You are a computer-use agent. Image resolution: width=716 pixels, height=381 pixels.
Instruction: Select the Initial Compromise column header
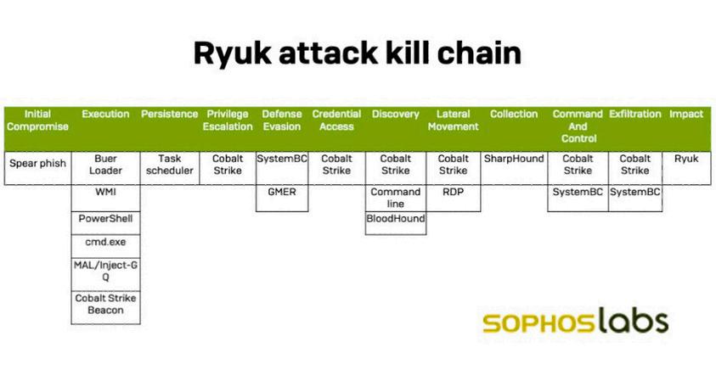[x=37, y=120]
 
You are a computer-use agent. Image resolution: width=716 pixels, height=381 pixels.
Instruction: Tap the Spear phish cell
[x=37, y=159]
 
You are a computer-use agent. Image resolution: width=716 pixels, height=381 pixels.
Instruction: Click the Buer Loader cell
[x=105, y=165]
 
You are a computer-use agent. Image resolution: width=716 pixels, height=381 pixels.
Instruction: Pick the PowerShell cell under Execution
[x=105, y=219]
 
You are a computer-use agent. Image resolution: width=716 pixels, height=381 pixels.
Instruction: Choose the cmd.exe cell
[x=105, y=242]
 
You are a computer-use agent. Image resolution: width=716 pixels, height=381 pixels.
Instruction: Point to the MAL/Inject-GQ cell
[x=105, y=272]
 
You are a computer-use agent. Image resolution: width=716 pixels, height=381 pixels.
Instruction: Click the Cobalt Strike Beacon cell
[x=105, y=304]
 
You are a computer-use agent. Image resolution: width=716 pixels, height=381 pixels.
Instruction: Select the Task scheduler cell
[x=170, y=165]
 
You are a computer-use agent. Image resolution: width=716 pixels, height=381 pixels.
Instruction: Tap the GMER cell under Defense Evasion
[x=282, y=193]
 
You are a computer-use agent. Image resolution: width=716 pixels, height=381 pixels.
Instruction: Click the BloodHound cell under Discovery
[x=396, y=219]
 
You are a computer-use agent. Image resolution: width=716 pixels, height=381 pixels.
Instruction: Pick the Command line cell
[x=396, y=198]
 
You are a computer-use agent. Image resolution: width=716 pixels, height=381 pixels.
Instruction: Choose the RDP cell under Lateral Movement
[x=453, y=193]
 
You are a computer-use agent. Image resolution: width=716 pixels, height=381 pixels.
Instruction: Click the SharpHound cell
[x=514, y=159]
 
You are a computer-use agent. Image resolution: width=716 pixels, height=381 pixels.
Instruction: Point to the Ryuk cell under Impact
[x=686, y=159]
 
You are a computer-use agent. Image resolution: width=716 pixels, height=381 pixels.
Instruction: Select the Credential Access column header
[x=336, y=120]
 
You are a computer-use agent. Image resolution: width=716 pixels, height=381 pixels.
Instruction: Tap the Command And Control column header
[x=578, y=126]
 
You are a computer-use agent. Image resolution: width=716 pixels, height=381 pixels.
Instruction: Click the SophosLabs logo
[x=575, y=322]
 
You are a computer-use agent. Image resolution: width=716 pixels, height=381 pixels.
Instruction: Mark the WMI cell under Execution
[x=105, y=193]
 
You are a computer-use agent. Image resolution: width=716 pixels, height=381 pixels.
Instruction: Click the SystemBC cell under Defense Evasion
[x=282, y=159]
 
